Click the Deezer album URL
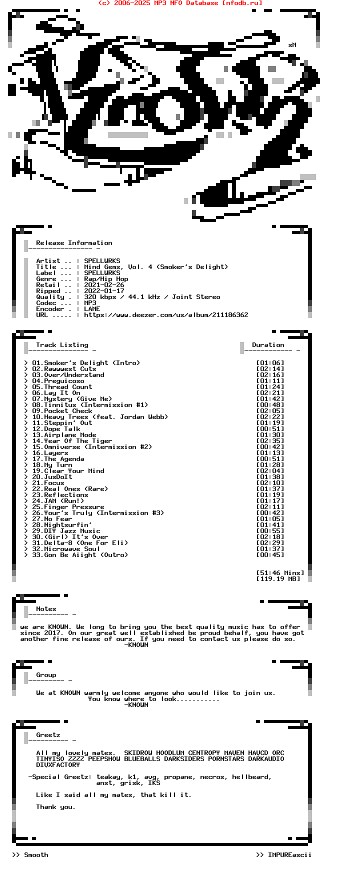pyautogui.click(x=166, y=315)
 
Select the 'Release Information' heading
pyautogui.click(x=74, y=243)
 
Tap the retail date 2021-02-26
pyautogui.click(x=104, y=285)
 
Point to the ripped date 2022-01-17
pyautogui.click(x=104, y=291)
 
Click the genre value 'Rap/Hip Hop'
pyautogui.click(x=106, y=279)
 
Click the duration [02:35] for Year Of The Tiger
pyautogui.click(x=270, y=441)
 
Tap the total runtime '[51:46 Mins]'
pyautogui.click(x=280, y=573)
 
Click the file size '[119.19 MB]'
pyautogui.click(x=278, y=579)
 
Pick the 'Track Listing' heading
pyautogui.click(x=62, y=345)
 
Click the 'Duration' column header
pyautogui.click(x=268, y=345)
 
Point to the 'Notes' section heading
pyautogui.click(x=46, y=609)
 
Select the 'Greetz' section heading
pyautogui.click(x=48, y=735)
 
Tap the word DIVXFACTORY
pyautogui.click(x=58, y=765)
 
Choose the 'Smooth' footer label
pyautogui.click(x=36, y=855)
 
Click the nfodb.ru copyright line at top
pyautogui.click(x=180, y=3)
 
